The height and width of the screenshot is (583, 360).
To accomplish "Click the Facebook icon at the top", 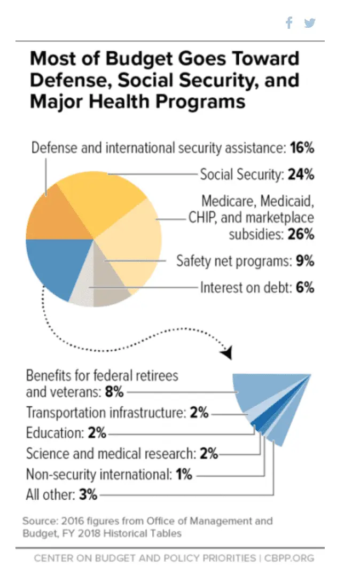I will (x=289, y=23).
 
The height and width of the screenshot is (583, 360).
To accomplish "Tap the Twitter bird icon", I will (x=310, y=23).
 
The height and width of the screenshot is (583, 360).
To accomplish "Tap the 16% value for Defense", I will (x=302, y=148).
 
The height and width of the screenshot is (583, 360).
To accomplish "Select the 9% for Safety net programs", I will (x=304, y=262).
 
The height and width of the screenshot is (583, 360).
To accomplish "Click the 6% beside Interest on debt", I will (x=304, y=288).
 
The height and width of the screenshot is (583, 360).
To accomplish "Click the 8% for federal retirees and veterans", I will (x=114, y=392).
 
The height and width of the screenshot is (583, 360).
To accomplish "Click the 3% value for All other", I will (x=88, y=494).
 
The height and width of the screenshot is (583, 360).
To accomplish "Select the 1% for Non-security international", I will (x=184, y=474).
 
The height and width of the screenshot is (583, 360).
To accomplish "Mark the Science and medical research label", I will (x=111, y=454).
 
